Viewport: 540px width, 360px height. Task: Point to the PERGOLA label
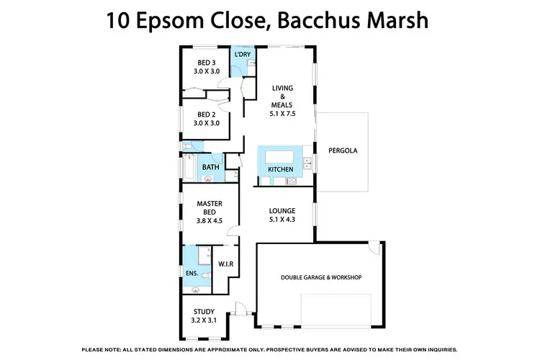click(343, 151)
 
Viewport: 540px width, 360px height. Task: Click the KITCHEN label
click(280, 169)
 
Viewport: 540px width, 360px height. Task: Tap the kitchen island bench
click(280, 157)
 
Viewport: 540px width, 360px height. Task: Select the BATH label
click(210, 168)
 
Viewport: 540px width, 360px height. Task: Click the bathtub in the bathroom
click(189, 168)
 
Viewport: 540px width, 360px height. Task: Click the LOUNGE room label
click(283, 210)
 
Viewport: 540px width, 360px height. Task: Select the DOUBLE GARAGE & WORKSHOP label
click(320, 277)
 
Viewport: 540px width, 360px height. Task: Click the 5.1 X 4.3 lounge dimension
click(283, 219)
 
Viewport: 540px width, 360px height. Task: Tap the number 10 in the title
click(120, 19)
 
